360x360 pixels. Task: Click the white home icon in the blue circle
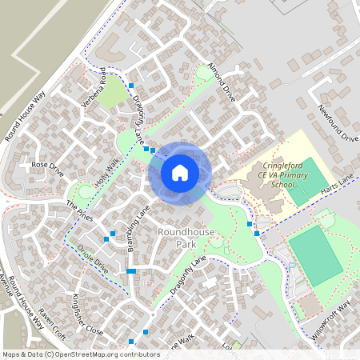click(x=180, y=172)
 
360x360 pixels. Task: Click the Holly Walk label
click(x=106, y=172)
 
